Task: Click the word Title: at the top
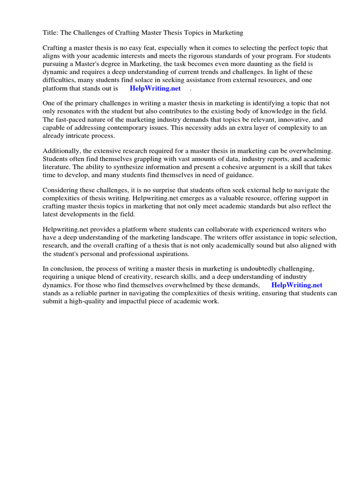coord(51,33)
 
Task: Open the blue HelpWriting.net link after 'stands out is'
coord(155,89)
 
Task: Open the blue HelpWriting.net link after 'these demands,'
coord(297,285)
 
